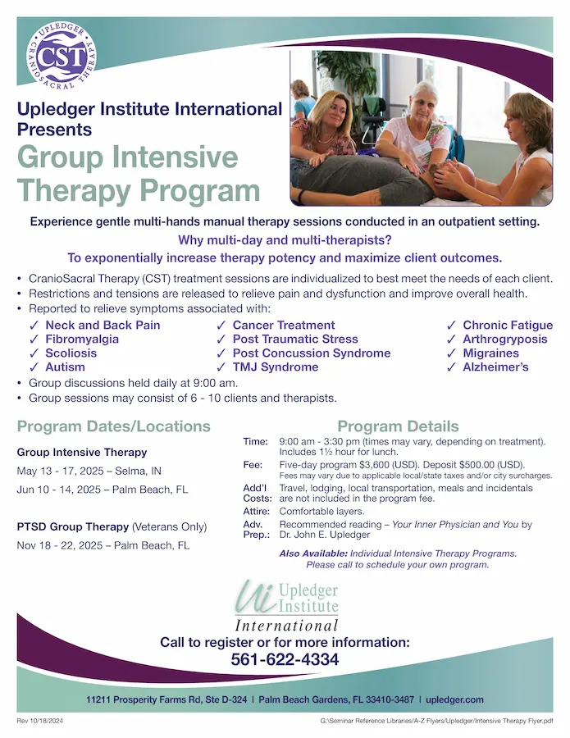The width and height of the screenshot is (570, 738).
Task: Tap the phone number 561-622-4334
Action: pyautogui.click(x=285, y=659)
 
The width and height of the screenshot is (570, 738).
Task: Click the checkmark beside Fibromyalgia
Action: pyautogui.click(x=34, y=339)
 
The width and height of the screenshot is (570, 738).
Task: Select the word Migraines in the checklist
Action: pyautogui.click(x=490, y=353)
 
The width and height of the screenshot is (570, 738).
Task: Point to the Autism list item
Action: pyautogui.click(x=65, y=367)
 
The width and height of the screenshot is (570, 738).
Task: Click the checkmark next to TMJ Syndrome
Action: pyautogui.click(x=221, y=367)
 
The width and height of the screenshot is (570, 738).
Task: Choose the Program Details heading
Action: pyautogui.click(x=398, y=426)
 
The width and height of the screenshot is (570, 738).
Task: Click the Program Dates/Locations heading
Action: pyautogui.click(x=114, y=426)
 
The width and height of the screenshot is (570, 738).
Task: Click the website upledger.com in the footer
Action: pyautogui.click(x=455, y=699)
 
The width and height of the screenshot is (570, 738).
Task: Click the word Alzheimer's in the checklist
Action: pyautogui.click(x=495, y=367)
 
